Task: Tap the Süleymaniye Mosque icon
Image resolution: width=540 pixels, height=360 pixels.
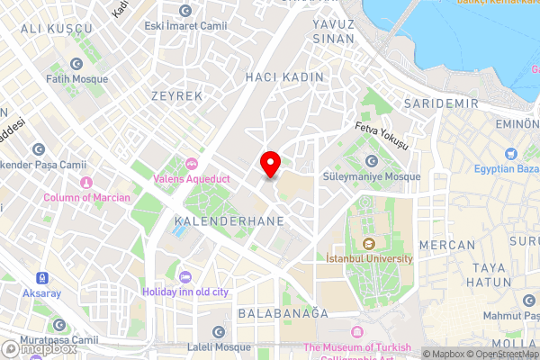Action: pos(372,161)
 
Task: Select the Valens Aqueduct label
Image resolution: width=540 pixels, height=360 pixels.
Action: pos(192,178)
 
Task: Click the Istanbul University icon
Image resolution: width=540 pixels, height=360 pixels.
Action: pos(368,243)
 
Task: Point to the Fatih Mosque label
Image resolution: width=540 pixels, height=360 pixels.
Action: pos(78,78)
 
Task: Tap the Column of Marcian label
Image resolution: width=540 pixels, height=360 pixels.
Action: pos(87,197)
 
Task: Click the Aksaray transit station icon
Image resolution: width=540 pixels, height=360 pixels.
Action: pos(42,279)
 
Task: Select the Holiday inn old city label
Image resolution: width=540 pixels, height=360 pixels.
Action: pos(185,292)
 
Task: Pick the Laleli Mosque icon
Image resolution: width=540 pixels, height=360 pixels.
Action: pos(218,333)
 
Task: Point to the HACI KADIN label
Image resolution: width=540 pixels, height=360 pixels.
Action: pos(283,78)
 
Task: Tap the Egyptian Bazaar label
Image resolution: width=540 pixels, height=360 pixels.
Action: pos(511,168)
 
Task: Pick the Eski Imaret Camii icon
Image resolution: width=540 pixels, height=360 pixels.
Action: pos(186,11)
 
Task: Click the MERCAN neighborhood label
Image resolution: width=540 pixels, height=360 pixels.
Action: pos(447,245)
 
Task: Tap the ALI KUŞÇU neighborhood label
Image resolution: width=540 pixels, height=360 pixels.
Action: pos(56,30)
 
